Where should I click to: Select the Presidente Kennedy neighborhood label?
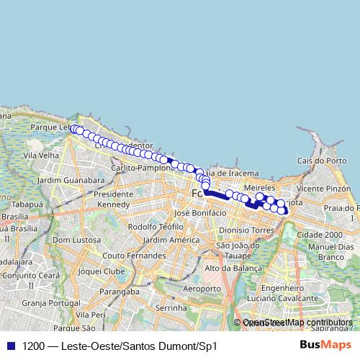coord(113,199)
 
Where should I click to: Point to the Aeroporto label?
coord(202,288)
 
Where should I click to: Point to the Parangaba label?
coord(120,292)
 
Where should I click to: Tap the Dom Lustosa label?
coord(76,240)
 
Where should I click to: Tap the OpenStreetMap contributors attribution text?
coord(297,323)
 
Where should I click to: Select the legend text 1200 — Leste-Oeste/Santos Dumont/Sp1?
coord(119,346)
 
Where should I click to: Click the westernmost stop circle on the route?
coord(73,129)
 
